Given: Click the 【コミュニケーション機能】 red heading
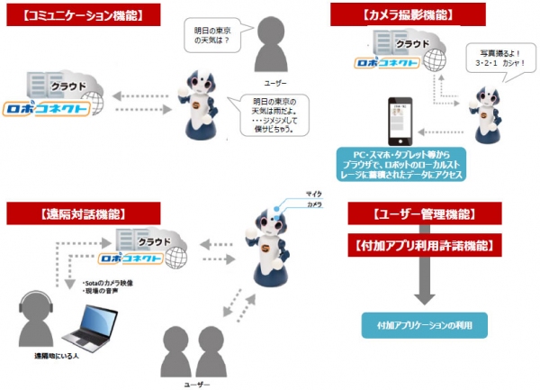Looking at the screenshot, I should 76,14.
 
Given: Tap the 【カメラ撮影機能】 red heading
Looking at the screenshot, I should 393,14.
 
